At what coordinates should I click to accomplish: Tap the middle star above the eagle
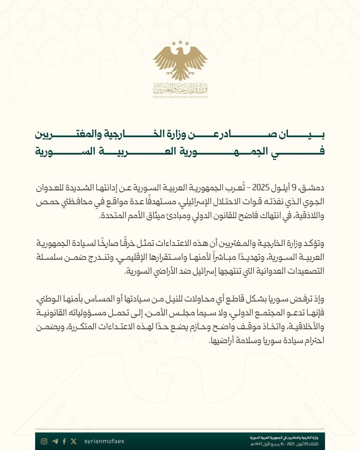point(180,42)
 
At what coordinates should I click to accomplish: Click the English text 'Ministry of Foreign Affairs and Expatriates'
point(180,97)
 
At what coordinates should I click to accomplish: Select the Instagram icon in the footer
point(44,441)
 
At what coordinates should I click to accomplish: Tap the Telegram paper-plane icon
point(55,441)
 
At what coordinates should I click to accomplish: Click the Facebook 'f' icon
point(64,441)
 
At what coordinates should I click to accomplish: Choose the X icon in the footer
point(73,441)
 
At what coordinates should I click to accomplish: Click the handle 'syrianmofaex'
point(104,441)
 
